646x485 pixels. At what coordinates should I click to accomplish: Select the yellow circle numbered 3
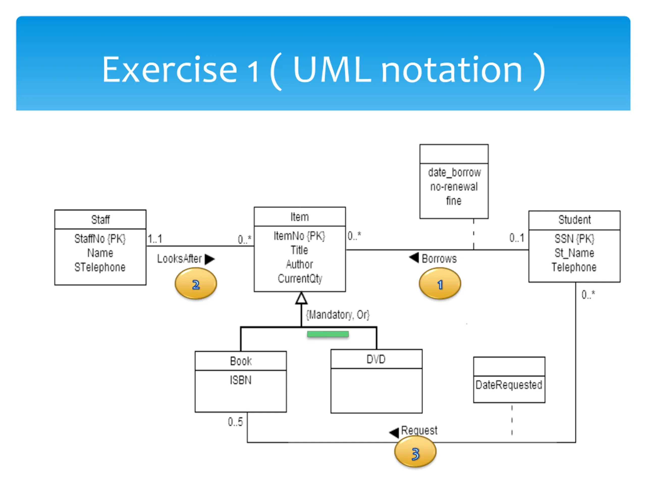pyautogui.click(x=415, y=451)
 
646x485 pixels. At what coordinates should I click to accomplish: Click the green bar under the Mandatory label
pyautogui.click(x=328, y=334)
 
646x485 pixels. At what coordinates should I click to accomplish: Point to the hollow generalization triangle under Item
pyautogui.click(x=301, y=298)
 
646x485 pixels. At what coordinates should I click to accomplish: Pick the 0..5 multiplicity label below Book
pyautogui.click(x=235, y=422)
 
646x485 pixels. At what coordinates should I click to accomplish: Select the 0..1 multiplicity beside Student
pyautogui.click(x=517, y=238)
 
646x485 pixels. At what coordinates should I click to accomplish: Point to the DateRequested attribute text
pyautogui.click(x=509, y=385)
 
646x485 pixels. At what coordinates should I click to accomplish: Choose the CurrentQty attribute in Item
pyautogui.click(x=300, y=279)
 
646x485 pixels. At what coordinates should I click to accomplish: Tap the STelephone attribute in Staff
pyautogui.click(x=100, y=267)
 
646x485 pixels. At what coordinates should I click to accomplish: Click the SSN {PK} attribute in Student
pyautogui.click(x=574, y=239)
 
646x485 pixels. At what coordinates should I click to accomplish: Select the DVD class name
pyautogui.click(x=376, y=359)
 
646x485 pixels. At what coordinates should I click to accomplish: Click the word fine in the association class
pyautogui.click(x=454, y=201)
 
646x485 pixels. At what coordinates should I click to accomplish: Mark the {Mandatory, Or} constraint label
pyautogui.click(x=338, y=314)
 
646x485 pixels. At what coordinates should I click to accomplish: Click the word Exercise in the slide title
pyautogui.click(x=169, y=69)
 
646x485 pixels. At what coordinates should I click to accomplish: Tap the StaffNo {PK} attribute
pyautogui.click(x=100, y=239)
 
